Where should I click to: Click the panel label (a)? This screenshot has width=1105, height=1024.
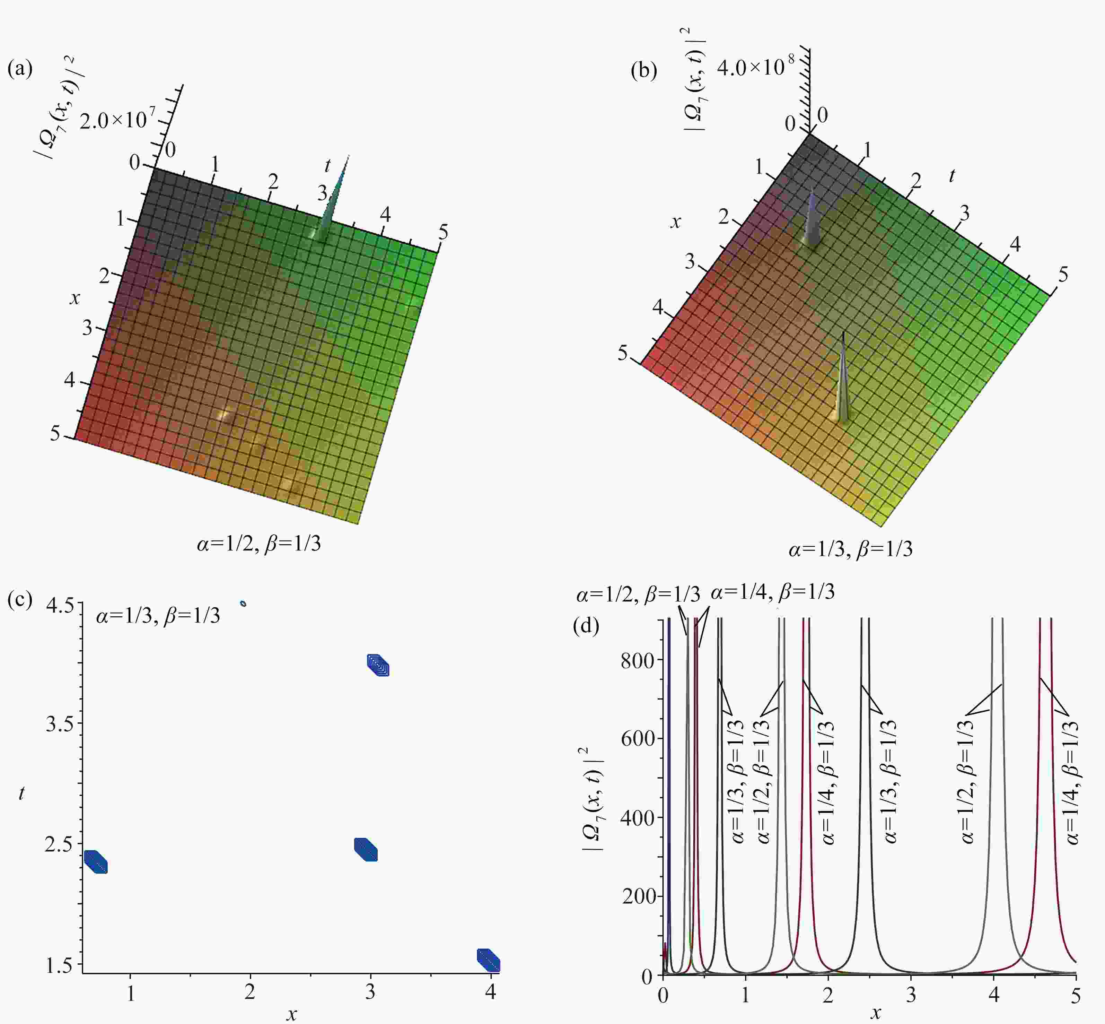pos(20,69)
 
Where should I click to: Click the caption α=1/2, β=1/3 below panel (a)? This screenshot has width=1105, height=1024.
pos(258,544)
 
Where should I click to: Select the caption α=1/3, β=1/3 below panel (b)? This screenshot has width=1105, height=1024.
pos(850,549)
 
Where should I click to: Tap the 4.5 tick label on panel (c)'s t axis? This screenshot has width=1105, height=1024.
pos(60,606)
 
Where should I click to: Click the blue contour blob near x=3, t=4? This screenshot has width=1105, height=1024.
pos(378,665)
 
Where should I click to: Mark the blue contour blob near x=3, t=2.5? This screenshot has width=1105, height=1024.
pos(366,849)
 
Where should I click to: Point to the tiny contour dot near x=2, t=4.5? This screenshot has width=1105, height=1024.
pos(243,604)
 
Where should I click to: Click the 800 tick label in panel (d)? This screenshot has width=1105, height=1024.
pos(637,660)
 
